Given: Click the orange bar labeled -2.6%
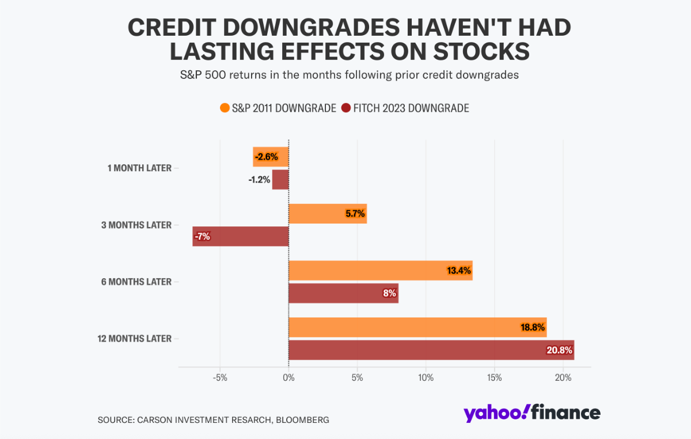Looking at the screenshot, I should [x=271, y=157].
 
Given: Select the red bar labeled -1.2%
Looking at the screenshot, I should [x=280, y=179].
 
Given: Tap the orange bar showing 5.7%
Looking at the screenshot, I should [x=327, y=214].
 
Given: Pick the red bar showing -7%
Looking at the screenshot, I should [x=241, y=236].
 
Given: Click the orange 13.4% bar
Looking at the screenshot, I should [x=380, y=270].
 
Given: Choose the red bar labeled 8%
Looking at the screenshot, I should [x=343, y=293].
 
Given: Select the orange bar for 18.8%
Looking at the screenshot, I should [x=417, y=327].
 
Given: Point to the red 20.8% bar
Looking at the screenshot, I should [x=431, y=350].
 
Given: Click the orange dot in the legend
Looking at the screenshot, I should [x=225, y=108].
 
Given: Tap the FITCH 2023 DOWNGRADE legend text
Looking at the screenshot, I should [x=412, y=108].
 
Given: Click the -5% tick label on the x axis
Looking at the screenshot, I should [x=220, y=378].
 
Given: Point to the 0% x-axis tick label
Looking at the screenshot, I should [x=288, y=378].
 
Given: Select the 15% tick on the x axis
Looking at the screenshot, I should [x=494, y=378].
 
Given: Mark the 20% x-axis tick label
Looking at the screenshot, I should [x=563, y=378].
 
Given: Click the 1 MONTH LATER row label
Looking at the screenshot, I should [x=139, y=168].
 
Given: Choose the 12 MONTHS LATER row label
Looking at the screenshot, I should [x=135, y=339].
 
